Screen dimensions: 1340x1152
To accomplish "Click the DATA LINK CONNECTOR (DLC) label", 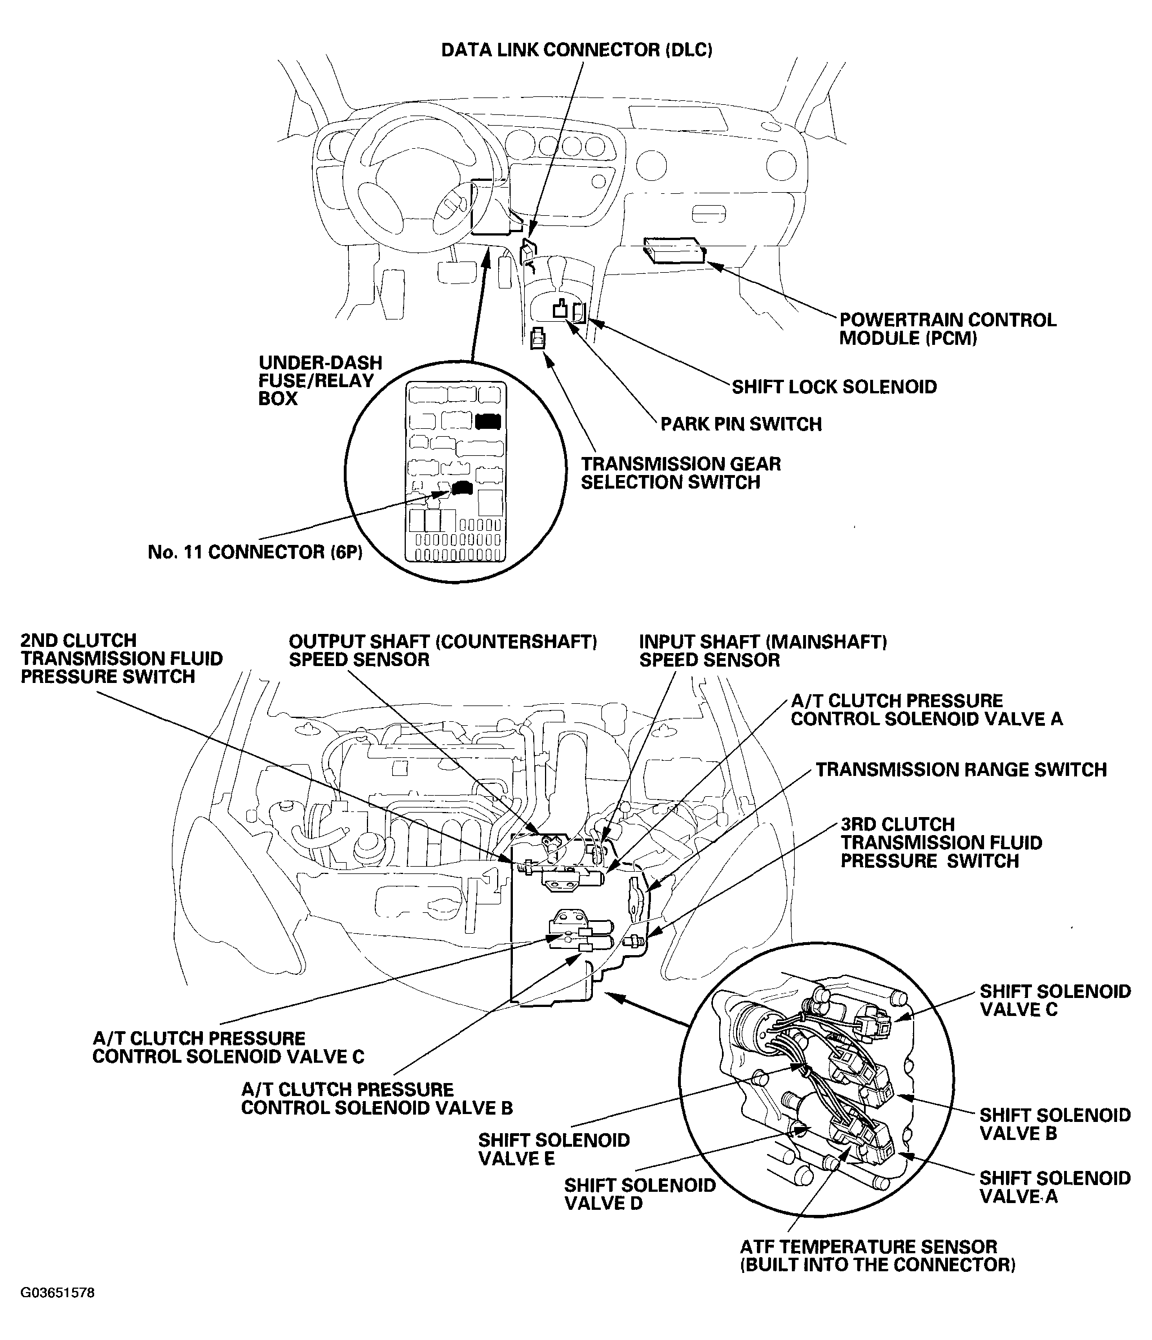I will coord(577,51).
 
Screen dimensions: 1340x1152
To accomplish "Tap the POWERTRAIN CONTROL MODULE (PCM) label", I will coord(947,329).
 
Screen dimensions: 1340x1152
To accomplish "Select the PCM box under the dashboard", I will coord(674,250).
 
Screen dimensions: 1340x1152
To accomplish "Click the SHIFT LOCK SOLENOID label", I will coord(834,387).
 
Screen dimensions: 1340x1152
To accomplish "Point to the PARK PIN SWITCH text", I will coord(741,424).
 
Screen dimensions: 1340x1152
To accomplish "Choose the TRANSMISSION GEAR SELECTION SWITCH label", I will coord(680,473).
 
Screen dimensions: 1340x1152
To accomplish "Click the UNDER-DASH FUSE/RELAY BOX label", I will coord(320,380).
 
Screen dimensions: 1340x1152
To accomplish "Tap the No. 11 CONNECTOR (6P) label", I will coord(255,552).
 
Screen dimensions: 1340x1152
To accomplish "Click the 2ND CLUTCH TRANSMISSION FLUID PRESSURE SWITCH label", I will coord(121,658).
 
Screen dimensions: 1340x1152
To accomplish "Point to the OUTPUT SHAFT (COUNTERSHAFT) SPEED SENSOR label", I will coord(442,651).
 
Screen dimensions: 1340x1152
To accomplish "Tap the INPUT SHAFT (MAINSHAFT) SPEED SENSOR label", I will coord(763,651).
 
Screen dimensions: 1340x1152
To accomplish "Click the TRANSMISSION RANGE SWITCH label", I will coord(960,770).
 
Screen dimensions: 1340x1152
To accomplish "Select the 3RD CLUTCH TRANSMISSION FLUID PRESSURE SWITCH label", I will coord(941,842).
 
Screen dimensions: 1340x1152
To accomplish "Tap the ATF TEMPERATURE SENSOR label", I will coord(877,1256).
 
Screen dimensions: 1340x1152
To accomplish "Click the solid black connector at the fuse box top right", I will coord(488,421).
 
